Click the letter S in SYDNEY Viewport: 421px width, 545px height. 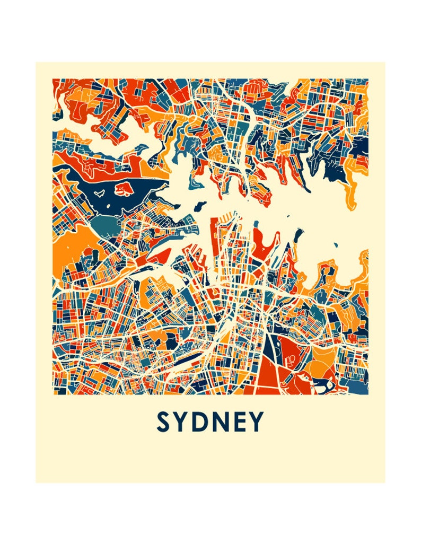[x=163, y=422]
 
